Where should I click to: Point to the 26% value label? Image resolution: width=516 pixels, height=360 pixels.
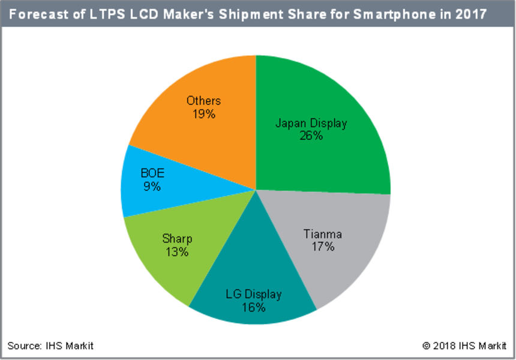click(x=311, y=136)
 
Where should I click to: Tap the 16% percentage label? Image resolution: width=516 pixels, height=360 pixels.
click(x=254, y=308)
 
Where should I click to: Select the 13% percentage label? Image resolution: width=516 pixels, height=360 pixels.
click(x=177, y=252)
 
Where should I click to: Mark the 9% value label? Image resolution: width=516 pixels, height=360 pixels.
click(x=152, y=187)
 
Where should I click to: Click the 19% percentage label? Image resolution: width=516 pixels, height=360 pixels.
click(x=203, y=113)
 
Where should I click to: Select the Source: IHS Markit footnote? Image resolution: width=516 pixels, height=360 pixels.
click(x=50, y=346)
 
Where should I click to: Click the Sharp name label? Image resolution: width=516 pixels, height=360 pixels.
click(x=177, y=239)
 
